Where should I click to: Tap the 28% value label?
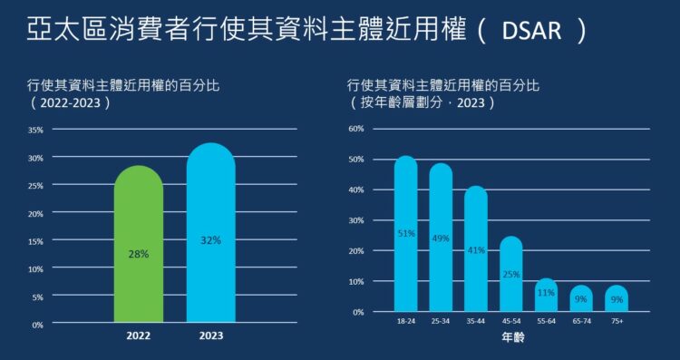coord(139,255)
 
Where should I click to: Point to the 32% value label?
coord(210,240)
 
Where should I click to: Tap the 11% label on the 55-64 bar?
coord(546,293)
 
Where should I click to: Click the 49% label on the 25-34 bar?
coord(441,238)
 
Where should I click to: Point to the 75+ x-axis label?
coord(617,321)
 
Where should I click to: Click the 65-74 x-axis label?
coord(581,321)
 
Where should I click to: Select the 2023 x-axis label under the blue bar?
coord(210,336)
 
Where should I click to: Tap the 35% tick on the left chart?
coord(35,130)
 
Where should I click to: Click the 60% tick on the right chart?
coord(356,129)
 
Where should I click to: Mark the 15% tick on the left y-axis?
coord(35,241)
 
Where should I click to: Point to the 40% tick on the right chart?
coord(356,190)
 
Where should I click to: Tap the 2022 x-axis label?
coord(139,336)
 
